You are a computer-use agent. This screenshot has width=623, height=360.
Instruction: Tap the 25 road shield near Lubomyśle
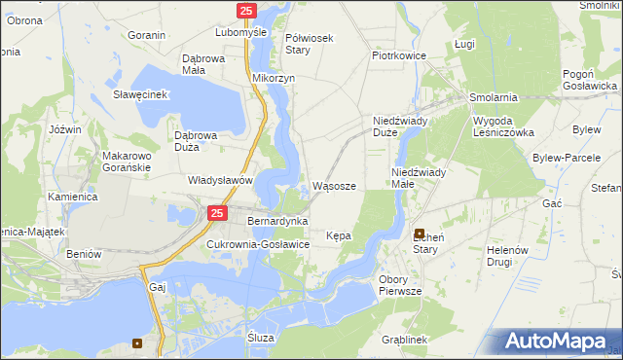click(245, 11)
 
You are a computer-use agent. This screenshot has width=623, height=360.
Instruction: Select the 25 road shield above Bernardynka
click(217, 213)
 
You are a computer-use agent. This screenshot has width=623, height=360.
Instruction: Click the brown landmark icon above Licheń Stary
click(420, 234)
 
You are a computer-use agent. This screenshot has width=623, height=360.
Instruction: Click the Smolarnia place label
click(493, 98)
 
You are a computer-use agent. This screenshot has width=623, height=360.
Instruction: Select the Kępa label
click(339, 235)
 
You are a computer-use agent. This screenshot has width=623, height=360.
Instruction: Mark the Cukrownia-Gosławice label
click(258, 244)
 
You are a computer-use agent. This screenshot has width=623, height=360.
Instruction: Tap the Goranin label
click(146, 35)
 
